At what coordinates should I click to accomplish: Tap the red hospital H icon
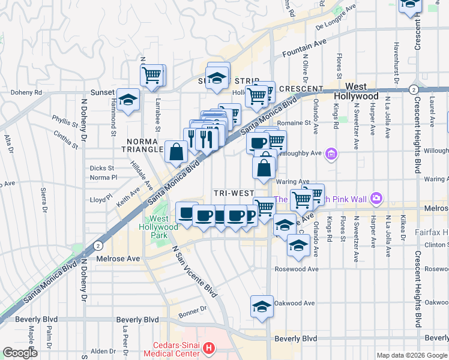click(x=208, y=347)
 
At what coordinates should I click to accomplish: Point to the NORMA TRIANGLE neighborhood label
click(x=142, y=145)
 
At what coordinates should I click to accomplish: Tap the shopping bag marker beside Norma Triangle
click(x=177, y=153)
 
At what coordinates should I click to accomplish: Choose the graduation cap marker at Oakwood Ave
click(x=262, y=307)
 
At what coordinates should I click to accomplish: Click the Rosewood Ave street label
click(x=297, y=269)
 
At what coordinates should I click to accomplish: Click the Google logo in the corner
click(x=20, y=352)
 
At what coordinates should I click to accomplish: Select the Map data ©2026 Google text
click(x=411, y=355)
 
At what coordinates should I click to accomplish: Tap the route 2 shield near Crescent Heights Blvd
click(x=413, y=89)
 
